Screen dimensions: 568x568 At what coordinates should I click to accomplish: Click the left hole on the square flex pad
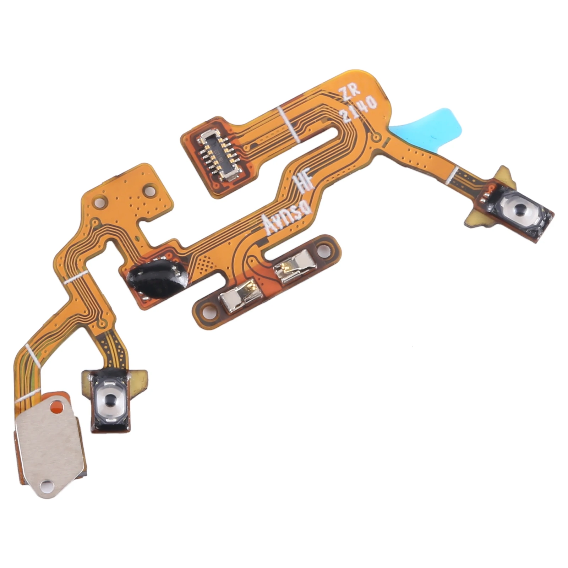pos(99,203)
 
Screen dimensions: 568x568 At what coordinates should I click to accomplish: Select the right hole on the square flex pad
pos(149,190)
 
